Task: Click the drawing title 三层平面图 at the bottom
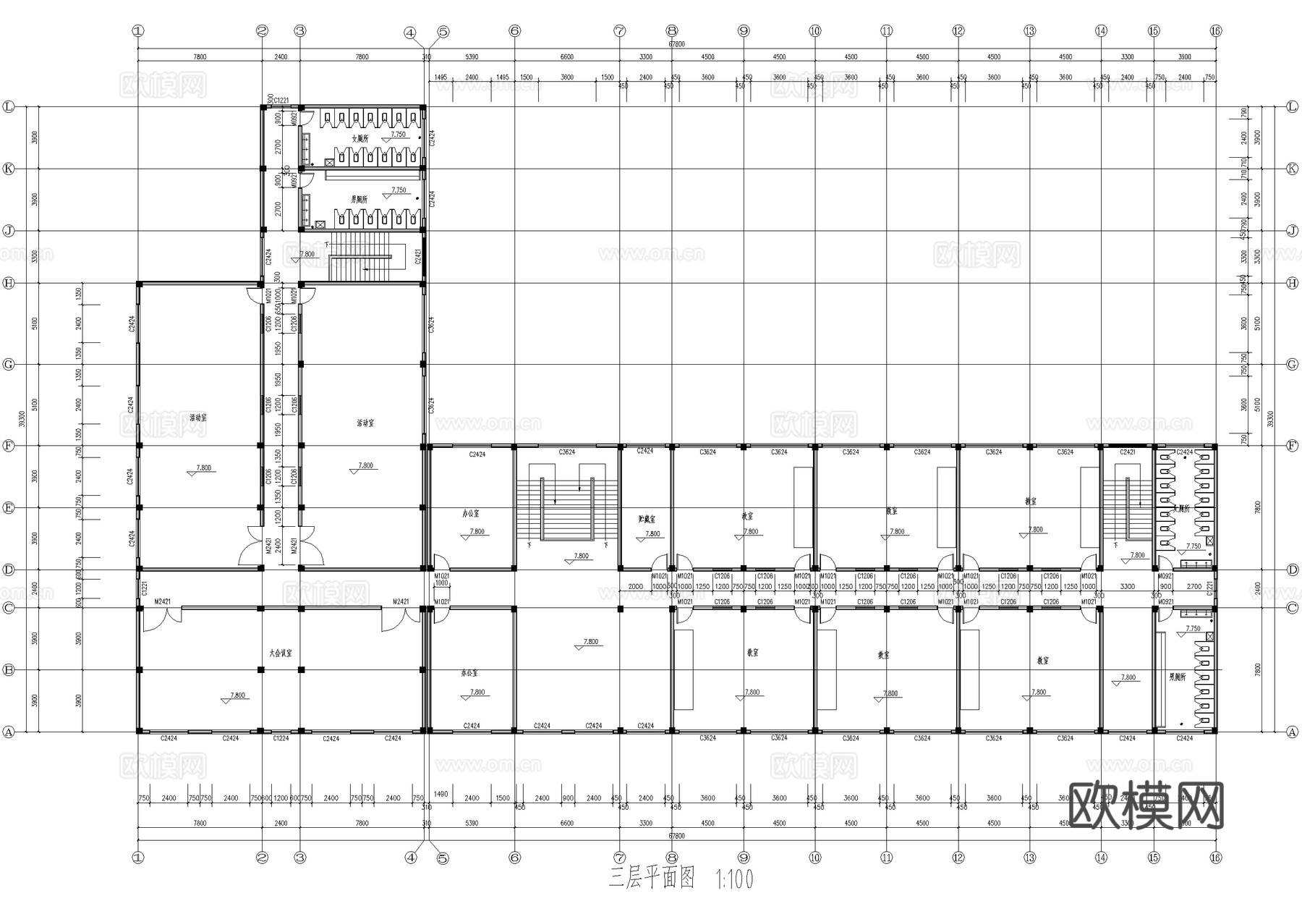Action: pos(651,879)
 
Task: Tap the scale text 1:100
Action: pos(734,879)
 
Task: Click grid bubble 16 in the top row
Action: pos(1215,30)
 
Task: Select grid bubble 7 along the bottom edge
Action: pos(619,858)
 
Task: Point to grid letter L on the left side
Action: pos(9,106)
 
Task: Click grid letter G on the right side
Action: pos(1293,364)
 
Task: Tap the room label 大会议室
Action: pos(281,652)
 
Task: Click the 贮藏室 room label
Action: pos(647,519)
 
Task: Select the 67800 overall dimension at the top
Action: pos(676,44)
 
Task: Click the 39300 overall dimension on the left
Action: pos(22,420)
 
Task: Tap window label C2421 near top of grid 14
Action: pos(1127,452)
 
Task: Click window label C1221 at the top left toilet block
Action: pos(281,101)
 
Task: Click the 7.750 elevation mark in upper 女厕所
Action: pos(399,135)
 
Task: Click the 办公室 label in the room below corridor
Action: pos(469,673)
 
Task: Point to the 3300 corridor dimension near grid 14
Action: pos(1127,587)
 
